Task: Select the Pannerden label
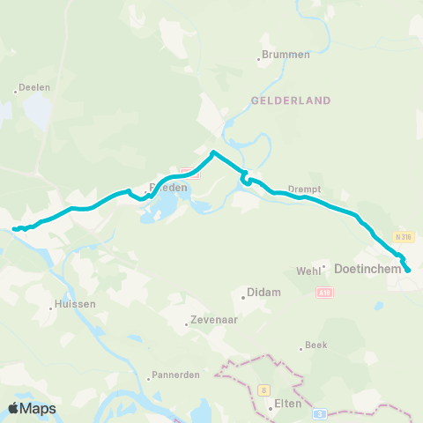click(x=176, y=374)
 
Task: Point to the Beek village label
click(x=315, y=345)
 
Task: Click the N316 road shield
click(x=404, y=237)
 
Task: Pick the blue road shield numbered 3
click(x=322, y=412)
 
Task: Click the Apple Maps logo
click(x=32, y=408)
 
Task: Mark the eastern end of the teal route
click(x=407, y=271)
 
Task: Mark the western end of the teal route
click(x=14, y=230)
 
